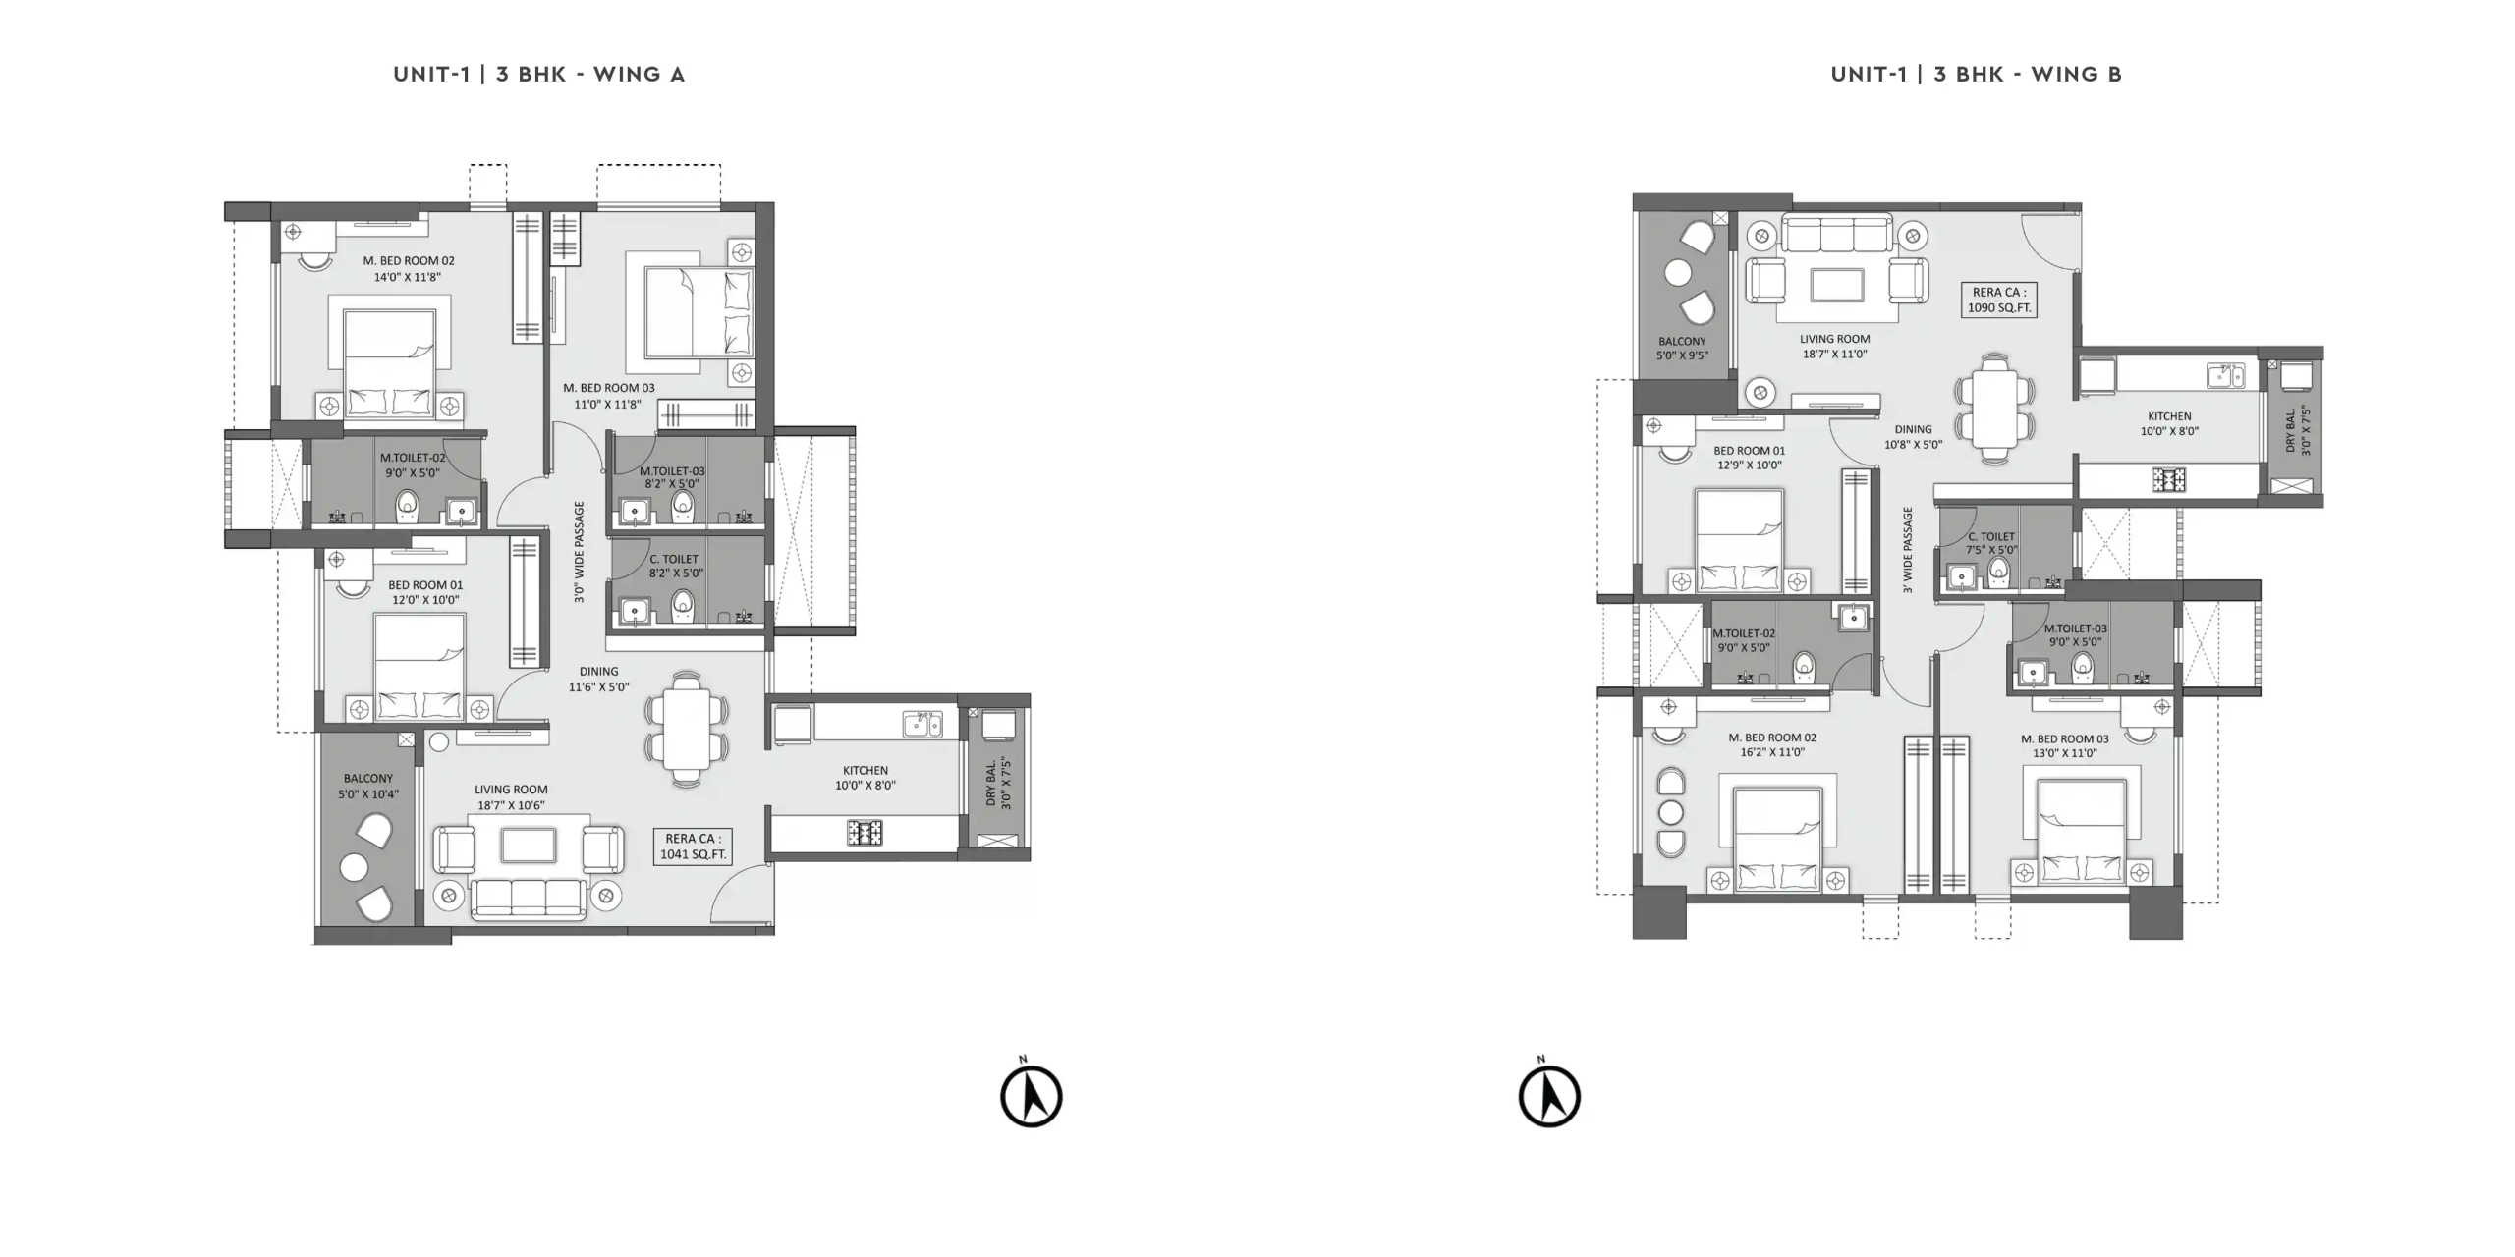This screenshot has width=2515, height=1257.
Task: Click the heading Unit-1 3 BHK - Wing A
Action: pyautogui.click(x=538, y=74)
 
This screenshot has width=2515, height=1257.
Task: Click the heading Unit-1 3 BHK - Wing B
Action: pyautogui.click(x=1976, y=74)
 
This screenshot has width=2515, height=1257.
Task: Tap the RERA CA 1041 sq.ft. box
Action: pyautogui.click(x=693, y=847)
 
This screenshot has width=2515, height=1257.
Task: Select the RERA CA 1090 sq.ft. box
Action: pyautogui.click(x=1998, y=300)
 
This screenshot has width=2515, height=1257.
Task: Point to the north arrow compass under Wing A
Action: pyautogui.click(x=1031, y=1092)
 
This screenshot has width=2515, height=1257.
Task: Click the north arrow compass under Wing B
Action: pyautogui.click(x=1549, y=1092)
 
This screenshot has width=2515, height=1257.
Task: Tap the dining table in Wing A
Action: pyautogui.click(x=687, y=728)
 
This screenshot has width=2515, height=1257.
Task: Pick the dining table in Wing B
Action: pyautogui.click(x=1994, y=409)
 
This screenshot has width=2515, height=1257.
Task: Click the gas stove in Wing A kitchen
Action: pyautogui.click(x=865, y=833)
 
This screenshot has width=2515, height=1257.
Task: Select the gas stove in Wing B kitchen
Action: pyautogui.click(x=2168, y=479)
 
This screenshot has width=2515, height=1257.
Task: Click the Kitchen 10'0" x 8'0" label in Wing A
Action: pyautogui.click(x=865, y=778)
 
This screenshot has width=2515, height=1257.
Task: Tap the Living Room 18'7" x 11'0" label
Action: pyautogui.click(x=1834, y=347)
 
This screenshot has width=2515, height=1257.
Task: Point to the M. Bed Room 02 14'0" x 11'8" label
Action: pyautogui.click(x=408, y=269)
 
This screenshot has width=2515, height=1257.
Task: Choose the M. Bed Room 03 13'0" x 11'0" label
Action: pyautogui.click(x=2064, y=746)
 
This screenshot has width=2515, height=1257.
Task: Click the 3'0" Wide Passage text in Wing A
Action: pyautogui.click(x=579, y=551)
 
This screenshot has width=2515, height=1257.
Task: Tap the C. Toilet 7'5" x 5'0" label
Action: pyautogui.click(x=1990, y=543)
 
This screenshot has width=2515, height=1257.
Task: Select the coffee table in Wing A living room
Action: pyautogui.click(x=529, y=846)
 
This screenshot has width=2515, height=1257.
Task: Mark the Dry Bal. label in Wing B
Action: pyautogui.click(x=2298, y=429)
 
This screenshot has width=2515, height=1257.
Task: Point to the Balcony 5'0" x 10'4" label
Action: pyautogui.click(x=368, y=786)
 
